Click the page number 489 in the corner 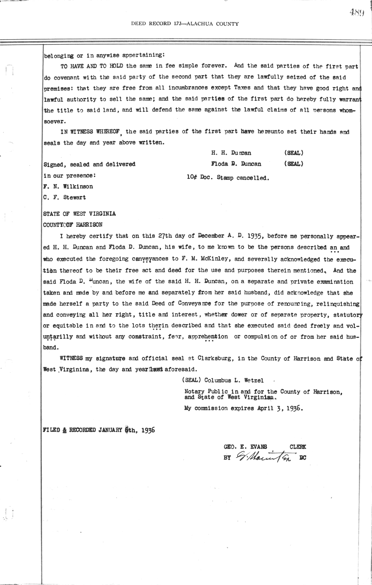(x=356, y=12)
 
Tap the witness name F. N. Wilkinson (x=68, y=186)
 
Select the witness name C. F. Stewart (x=65, y=197)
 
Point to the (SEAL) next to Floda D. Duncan (x=294, y=164)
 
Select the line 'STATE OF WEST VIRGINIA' (x=79, y=214)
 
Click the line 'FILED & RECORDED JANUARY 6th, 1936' (x=99, y=430)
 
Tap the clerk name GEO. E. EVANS (x=245, y=447)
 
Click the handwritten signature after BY (x=265, y=457)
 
